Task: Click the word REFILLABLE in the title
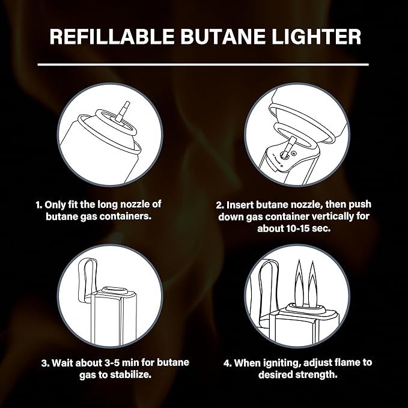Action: [112, 37]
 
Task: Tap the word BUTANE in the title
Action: [223, 37]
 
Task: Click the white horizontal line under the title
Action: [203, 64]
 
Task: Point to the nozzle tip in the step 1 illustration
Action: [126, 104]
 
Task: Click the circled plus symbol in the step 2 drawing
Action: [294, 153]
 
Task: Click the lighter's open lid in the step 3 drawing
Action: [87, 280]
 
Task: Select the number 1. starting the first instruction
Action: [39, 205]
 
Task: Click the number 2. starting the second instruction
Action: [220, 205]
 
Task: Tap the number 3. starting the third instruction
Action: [46, 363]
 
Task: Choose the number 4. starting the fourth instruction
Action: [228, 363]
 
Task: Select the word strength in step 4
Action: [316, 375]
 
